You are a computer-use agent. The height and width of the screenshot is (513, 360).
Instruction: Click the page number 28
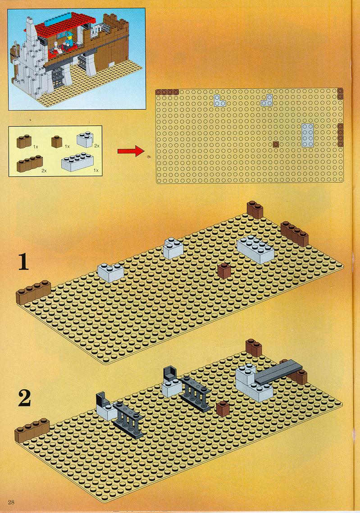[x=11, y=502]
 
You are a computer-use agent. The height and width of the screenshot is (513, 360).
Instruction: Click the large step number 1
[x=23, y=263]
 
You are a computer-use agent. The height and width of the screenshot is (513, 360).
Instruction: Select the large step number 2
[x=24, y=398]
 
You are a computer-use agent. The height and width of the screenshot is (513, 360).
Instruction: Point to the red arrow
[x=131, y=151]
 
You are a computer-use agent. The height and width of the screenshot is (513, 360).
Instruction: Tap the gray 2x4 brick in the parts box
[x=77, y=162]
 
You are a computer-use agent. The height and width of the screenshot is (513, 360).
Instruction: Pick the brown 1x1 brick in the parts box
[x=57, y=142]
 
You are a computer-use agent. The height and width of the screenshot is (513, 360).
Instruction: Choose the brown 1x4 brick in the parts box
[x=30, y=164]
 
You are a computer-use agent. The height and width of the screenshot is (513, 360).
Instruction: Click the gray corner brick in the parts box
[x=85, y=139]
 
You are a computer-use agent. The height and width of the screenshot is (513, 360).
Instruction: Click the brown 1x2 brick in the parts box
[x=24, y=142]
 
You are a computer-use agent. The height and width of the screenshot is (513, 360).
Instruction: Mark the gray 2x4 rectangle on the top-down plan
[x=308, y=135]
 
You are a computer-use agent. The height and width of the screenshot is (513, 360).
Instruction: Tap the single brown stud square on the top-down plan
[x=276, y=144]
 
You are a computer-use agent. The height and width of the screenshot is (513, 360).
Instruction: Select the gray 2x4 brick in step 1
[x=256, y=249]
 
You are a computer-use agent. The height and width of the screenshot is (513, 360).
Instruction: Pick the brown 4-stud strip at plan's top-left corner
[x=167, y=92]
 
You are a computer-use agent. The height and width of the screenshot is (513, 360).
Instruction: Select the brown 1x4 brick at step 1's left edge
[x=33, y=292]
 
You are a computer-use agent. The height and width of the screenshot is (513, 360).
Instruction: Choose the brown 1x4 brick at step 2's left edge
[x=32, y=430]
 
